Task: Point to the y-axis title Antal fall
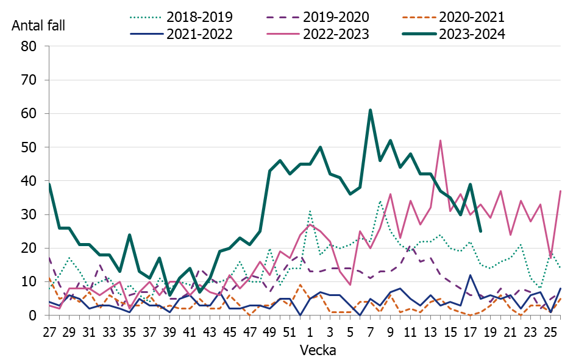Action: (38, 26)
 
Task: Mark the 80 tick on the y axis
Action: (29, 46)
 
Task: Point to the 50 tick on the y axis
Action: (29, 147)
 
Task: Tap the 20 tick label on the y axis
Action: (29, 249)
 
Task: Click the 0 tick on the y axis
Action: (34, 316)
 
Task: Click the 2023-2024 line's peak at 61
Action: (370, 110)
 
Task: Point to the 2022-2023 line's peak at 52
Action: (440, 141)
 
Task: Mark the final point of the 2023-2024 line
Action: (480, 231)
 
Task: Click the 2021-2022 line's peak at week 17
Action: (470, 275)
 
